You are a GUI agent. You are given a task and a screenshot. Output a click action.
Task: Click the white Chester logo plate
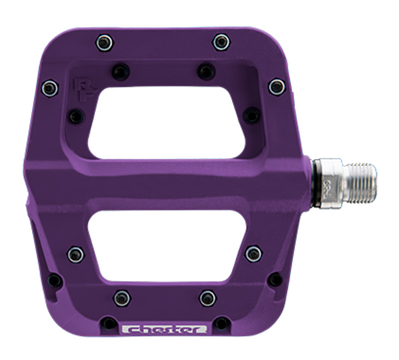(165, 329)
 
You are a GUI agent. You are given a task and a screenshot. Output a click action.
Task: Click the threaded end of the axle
(360, 182)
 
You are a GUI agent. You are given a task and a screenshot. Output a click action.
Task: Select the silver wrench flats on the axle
(327, 182)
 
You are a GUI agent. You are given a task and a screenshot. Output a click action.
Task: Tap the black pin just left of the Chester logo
(109, 323)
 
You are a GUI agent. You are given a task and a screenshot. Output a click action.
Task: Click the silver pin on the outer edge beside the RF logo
(49, 88)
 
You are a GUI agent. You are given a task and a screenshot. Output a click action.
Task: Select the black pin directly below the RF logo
(76, 117)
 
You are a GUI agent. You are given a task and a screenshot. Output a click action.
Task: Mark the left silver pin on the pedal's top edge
(105, 42)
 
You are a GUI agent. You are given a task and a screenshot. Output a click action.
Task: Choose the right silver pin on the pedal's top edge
(221, 42)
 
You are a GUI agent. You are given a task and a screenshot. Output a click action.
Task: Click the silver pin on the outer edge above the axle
(277, 87)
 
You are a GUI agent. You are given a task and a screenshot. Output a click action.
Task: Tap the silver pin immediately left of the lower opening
(76, 254)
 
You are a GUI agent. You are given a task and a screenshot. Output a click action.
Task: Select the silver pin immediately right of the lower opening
(254, 253)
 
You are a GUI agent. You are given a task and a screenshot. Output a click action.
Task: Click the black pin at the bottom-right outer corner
(275, 280)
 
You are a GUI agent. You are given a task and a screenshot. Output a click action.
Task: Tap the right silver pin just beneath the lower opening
(208, 298)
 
